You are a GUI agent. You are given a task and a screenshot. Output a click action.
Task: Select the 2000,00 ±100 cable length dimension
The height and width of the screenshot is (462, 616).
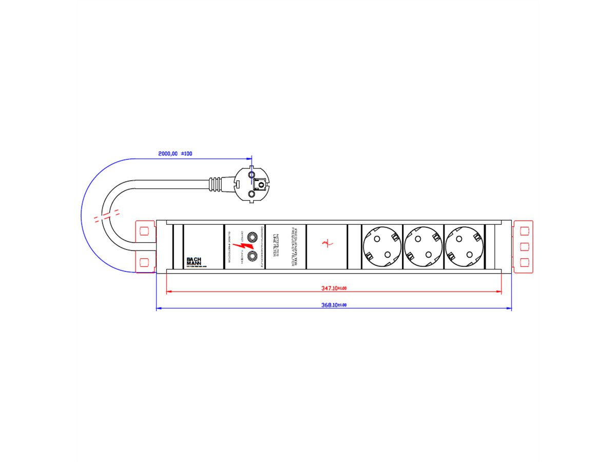pos(175,153)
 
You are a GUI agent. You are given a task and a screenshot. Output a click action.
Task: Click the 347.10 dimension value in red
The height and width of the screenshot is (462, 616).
pos(334,288)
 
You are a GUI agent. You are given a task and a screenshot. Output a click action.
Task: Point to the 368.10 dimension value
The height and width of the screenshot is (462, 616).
pos(334,305)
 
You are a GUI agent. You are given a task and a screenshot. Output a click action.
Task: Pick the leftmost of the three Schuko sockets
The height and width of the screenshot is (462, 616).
pos(381,246)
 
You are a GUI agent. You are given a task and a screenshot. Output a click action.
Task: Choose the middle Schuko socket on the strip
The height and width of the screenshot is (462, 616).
pos(422,246)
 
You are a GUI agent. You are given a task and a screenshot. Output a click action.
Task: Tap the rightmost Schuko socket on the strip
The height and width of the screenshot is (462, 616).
pos(464,246)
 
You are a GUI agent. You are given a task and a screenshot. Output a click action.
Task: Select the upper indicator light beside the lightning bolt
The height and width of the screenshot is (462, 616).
pos(252,237)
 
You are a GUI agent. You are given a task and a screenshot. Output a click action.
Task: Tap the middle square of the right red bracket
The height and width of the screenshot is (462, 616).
pos(524,246)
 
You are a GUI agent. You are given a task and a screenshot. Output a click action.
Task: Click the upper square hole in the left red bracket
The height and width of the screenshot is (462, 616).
pos(144,228)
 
